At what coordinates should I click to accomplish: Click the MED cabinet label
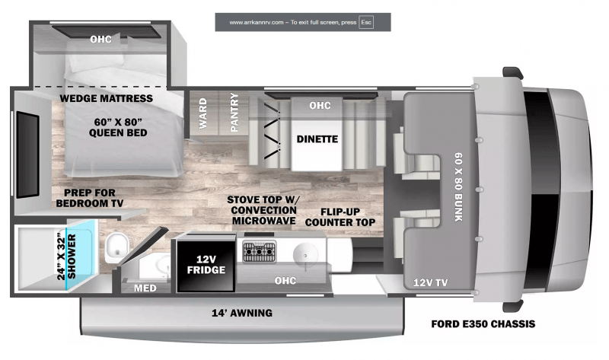145,288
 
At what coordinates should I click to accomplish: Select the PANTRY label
234,113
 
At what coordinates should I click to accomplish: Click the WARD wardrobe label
202,113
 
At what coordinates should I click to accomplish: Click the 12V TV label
430,282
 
